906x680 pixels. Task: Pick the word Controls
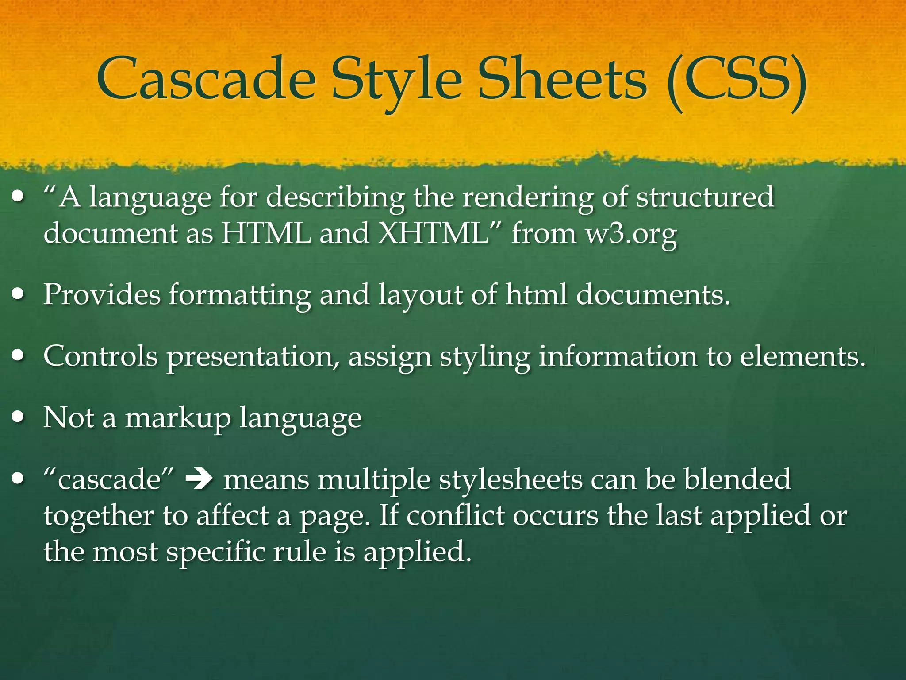pyautogui.click(x=100, y=356)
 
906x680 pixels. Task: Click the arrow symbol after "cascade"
pyautogui.click(x=200, y=479)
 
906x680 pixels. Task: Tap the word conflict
pyautogui.click(x=455, y=516)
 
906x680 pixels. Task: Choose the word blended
pyautogui.click(x=737, y=479)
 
